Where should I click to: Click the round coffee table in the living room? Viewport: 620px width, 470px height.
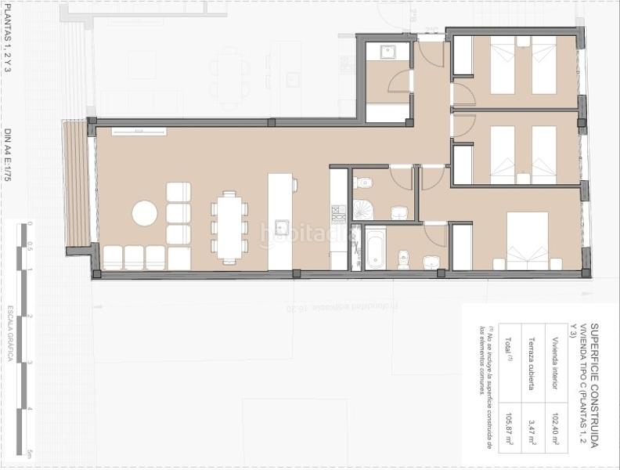[x=145, y=213]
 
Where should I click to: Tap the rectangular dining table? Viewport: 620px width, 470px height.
[x=229, y=226]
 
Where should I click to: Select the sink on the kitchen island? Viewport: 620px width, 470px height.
[x=281, y=228]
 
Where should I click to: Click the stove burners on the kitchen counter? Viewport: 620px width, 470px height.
[x=338, y=213]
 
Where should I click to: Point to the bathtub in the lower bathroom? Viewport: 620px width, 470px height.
[x=375, y=248]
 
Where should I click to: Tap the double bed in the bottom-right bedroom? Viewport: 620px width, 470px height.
[x=527, y=240]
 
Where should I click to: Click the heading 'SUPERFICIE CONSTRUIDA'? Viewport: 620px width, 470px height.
[x=593, y=384]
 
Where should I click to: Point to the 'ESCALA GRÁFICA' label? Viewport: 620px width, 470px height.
[x=10, y=333]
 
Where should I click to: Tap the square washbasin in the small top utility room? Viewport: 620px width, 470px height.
[x=387, y=52]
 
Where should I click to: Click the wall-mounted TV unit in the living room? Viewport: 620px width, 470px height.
[x=139, y=131]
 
